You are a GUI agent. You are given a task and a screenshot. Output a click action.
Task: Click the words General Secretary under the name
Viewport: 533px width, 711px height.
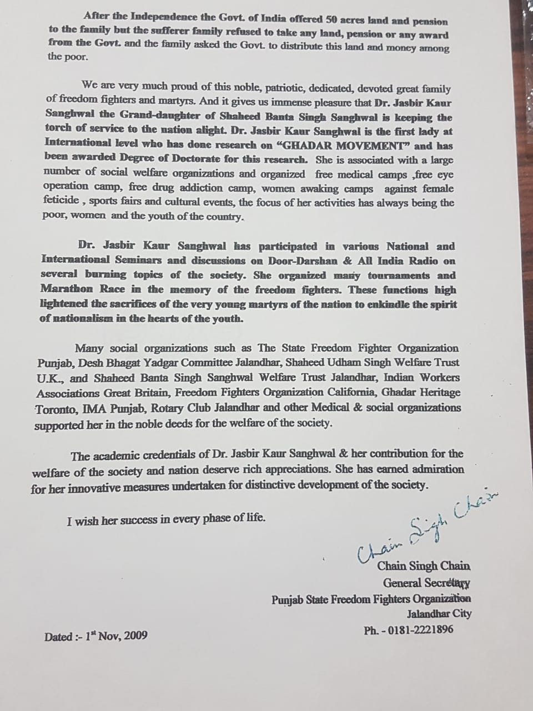[426, 583]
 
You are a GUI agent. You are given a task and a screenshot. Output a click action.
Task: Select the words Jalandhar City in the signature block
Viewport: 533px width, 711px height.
[439, 614]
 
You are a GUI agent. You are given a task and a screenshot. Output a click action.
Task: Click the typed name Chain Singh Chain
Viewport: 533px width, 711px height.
[424, 567]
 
